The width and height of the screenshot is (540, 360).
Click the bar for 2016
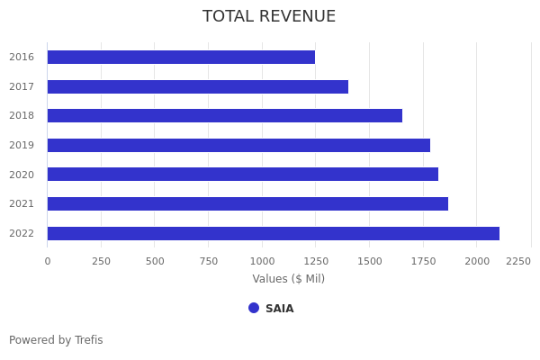pyautogui.click(x=180, y=57)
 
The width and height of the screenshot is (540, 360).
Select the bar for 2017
pyautogui.click(x=197, y=86)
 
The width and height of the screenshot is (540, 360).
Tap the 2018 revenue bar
pyautogui.click(x=224, y=115)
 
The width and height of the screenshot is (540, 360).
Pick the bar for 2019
pyautogui.click(x=238, y=145)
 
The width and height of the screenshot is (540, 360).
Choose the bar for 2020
pyautogui.click(x=242, y=174)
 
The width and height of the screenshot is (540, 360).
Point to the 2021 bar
pyautogui.click(x=247, y=203)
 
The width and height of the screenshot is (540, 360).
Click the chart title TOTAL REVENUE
pyautogui.click(x=269, y=17)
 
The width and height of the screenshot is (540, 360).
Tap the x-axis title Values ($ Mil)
pyautogui.click(x=288, y=279)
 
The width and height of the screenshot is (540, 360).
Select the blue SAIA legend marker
pyautogui.click(x=254, y=308)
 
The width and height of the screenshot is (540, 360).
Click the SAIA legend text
pyautogui.click(x=279, y=309)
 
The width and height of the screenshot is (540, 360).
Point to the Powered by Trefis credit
pyautogui.click(x=56, y=340)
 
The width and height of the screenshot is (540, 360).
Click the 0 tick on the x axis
pyautogui.click(x=48, y=261)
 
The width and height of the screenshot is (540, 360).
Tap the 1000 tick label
pyautogui.click(x=262, y=261)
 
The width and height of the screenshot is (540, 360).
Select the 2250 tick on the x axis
pyautogui.click(x=518, y=261)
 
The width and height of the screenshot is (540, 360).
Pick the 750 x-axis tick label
pyautogui.click(x=208, y=261)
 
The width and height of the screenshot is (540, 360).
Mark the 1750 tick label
pyautogui.click(x=423, y=261)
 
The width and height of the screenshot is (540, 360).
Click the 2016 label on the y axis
pyautogui.click(x=22, y=57)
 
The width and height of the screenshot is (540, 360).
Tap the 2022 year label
pyautogui.click(x=22, y=233)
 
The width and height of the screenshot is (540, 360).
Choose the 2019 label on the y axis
pyautogui.click(x=22, y=145)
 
